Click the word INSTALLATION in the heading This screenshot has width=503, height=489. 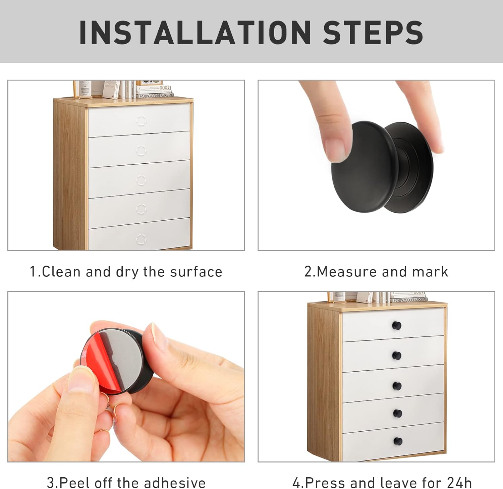[195, 33]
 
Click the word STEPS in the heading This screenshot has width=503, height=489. [373, 33]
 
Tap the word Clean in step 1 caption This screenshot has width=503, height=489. [61, 272]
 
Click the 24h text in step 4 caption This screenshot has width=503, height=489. [459, 483]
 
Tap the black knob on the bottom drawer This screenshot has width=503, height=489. [398, 441]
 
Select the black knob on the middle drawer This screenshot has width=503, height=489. [397, 386]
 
